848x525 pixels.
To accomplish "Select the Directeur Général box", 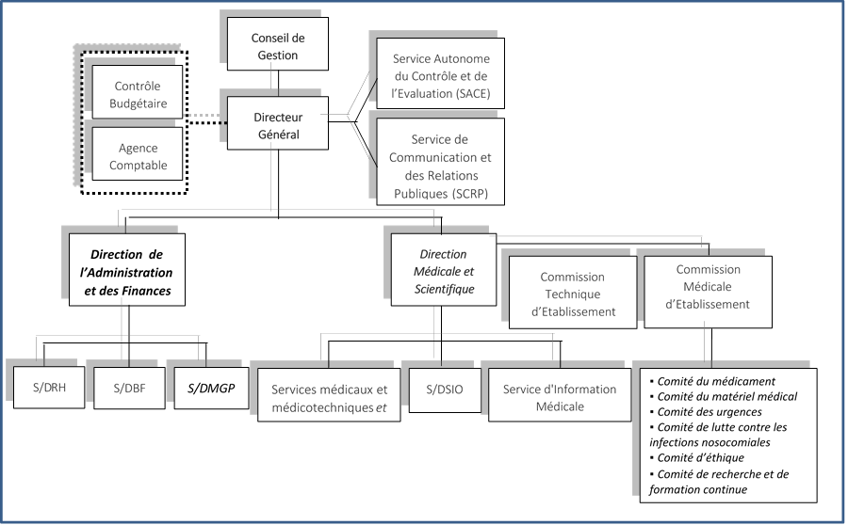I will pos(277,125).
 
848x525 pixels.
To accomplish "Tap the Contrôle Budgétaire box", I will pos(138,94).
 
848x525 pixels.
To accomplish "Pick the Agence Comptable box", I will pos(138,156).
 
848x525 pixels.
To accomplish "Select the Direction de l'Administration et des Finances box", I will pos(126,272).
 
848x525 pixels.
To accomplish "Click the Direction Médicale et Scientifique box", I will pos(444,272).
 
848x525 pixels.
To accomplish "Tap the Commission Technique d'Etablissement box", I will pos(572,294).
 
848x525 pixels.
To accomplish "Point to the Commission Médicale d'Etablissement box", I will pos(708,286).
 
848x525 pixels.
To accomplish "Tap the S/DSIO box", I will pos(435,389).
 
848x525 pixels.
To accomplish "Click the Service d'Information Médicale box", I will pos(560,398).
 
